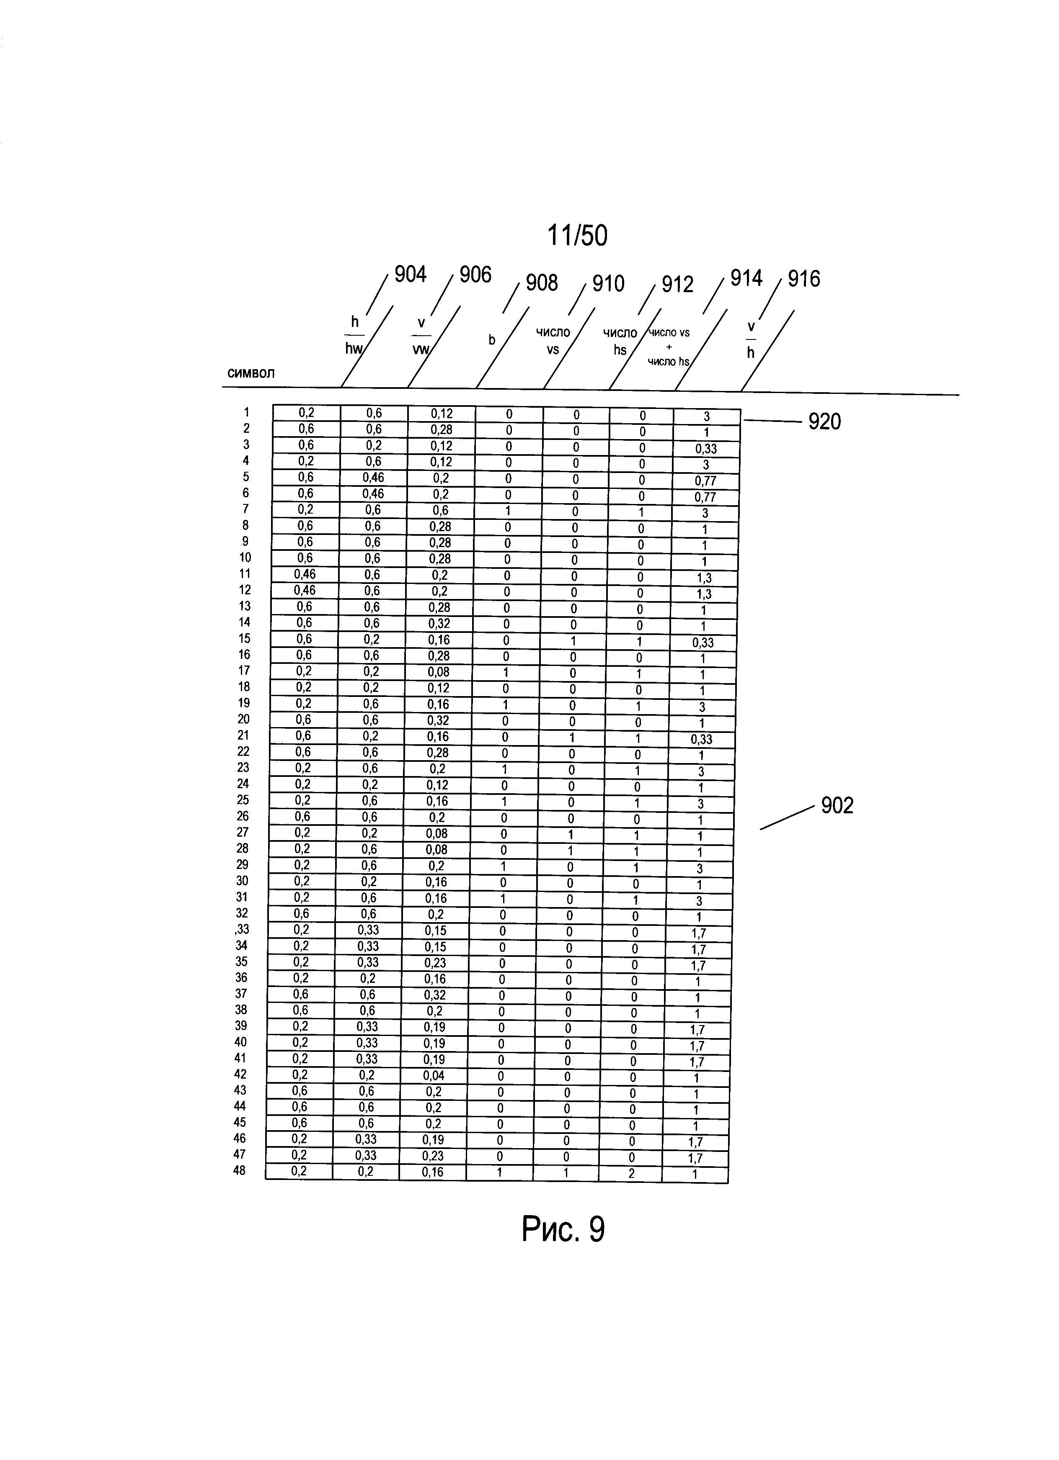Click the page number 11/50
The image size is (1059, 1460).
(577, 236)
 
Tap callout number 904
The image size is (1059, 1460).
(411, 275)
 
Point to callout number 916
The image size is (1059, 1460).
(804, 279)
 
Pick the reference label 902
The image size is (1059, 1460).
(837, 805)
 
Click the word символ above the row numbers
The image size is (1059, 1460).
(251, 373)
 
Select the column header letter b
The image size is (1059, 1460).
(492, 340)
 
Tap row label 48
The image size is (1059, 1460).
(240, 1170)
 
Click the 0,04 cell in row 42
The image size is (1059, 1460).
(434, 1075)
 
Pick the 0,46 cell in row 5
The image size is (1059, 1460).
(373, 478)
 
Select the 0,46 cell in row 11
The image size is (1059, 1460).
(305, 574)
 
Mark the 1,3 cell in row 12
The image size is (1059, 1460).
(704, 594)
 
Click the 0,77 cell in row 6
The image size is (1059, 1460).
(705, 497)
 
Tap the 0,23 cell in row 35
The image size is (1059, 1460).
(435, 962)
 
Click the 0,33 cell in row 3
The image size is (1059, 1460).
(707, 449)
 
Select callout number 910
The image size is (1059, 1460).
(608, 283)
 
